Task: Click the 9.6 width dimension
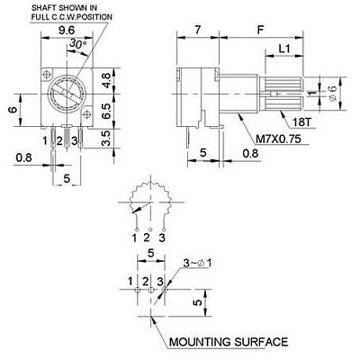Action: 67,31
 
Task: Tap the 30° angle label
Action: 77,44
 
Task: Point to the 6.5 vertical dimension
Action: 106,112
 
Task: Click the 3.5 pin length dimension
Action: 106,139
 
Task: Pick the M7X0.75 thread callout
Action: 278,139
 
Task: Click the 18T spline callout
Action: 302,122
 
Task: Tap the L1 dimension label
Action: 284,49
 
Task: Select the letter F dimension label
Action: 261,30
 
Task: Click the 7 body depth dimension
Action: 197,30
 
